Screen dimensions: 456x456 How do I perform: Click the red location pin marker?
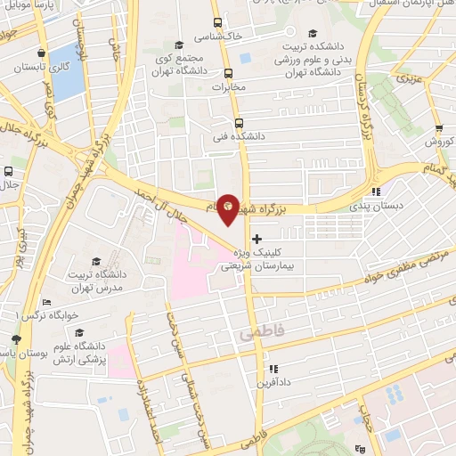(229, 207)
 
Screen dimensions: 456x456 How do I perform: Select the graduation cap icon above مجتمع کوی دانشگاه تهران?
(179, 45)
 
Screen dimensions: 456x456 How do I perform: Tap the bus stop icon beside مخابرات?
(228, 74)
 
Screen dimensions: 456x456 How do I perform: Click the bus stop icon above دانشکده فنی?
(238, 124)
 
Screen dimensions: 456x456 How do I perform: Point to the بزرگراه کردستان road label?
(362, 99)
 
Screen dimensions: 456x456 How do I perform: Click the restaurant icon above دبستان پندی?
(377, 190)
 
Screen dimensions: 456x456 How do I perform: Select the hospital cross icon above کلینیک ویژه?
(257, 239)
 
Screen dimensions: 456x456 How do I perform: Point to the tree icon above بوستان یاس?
(15, 339)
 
